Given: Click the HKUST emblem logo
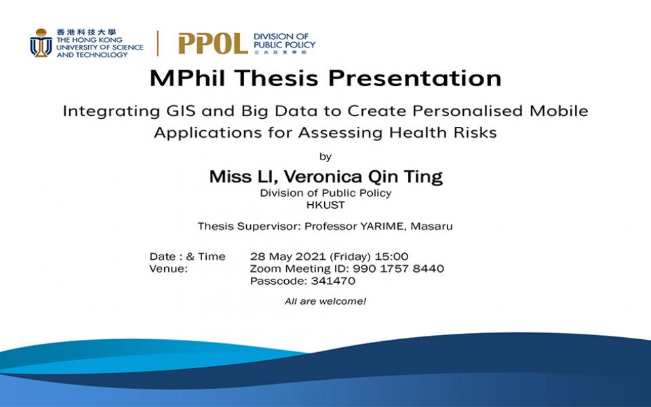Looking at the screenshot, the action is pyautogui.click(x=41, y=43).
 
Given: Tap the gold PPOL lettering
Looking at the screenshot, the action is pyautogui.click(x=214, y=43).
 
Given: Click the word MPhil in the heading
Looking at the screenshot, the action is pyautogui.click(x=187, y=78).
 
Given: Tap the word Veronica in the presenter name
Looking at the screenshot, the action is pyautogui.click(x=323, y=176).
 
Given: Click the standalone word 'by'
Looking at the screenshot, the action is pyautogui.click(x=325, y=157).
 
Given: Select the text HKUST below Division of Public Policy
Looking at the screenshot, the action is pyautogui.click(x=325, y=205).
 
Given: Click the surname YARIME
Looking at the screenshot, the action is pyautogui.click(x=382, y=227).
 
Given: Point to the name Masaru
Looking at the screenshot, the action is pyautogui.click(x=431, y=227).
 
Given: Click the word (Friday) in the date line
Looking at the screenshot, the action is pyautogui.click(x=350, y=256).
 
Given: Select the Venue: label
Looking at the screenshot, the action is pyautogui.click(x=169, y=269).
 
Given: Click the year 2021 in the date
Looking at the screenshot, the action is pyautogui.click(x=311, y=256).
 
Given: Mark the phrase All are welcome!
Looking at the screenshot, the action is pyautogui.click(x=325, y=301).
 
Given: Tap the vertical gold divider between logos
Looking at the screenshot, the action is pyautogui.click(x=158, y=43).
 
